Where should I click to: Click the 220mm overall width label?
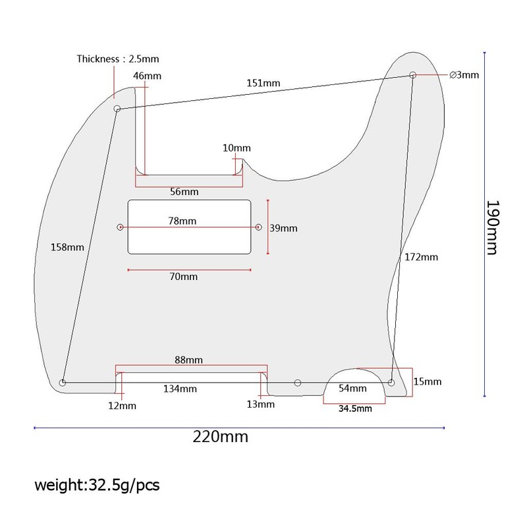click(221, 437)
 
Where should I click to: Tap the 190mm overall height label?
click(493, 227)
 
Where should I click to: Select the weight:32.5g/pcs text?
click(97, 485)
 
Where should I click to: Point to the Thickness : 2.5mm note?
click(118, 59)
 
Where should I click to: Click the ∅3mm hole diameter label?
click(464, 74)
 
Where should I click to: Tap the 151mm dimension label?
click(263, 83)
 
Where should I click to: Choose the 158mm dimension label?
click(67, 248)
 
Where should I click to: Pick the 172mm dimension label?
click(421, 257)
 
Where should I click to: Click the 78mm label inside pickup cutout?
click(182, 221)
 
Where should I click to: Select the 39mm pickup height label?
click(283, 228)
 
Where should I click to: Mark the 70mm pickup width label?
click(184, 277)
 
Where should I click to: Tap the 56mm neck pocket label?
click(184, 192)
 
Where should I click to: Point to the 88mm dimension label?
click(188, 360)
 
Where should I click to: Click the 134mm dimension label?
click(180, 389)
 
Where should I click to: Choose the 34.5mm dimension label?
click(355, 408)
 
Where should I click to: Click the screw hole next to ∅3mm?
click(413, 75)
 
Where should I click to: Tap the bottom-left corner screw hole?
click(62, 383)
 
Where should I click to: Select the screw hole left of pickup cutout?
click(120, 227)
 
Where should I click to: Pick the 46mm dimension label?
click(147, 76)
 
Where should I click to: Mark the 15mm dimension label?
click(428, 381)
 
